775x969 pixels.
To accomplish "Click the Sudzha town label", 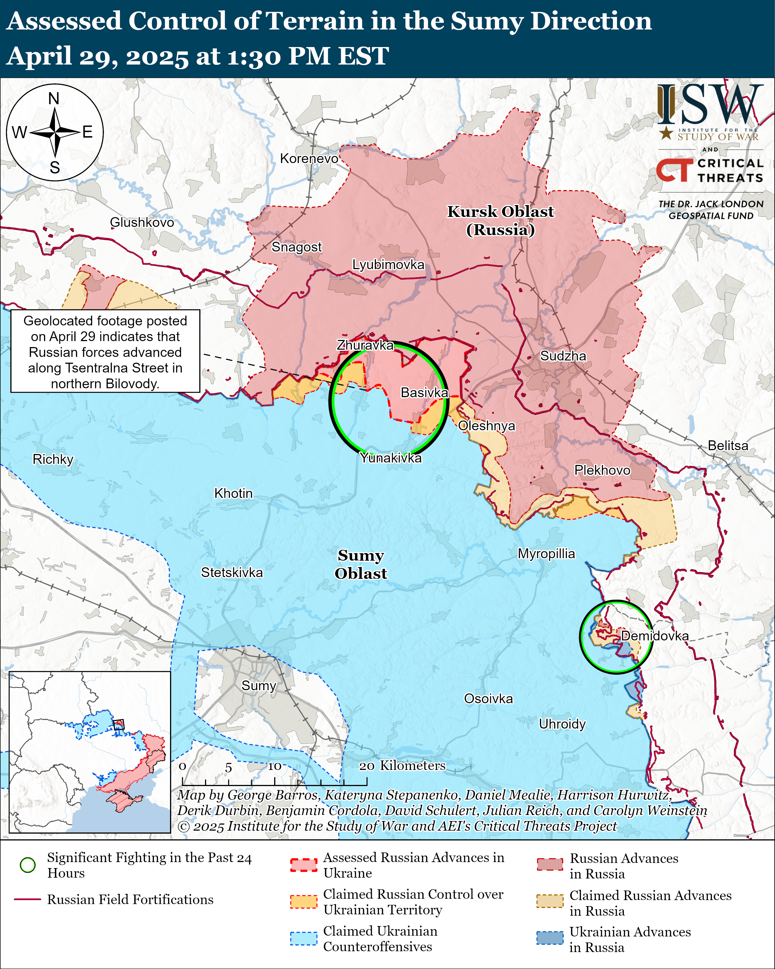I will [563, 356].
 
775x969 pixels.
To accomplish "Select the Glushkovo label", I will [142, 222].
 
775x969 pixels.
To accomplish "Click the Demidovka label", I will [655, 636].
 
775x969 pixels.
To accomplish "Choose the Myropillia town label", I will [546, 554].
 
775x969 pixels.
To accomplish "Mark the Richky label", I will [53, 459].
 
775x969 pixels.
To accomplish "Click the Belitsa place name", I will [728, 446].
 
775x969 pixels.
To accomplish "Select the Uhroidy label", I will [562, 724].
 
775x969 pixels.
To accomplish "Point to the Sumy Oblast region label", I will [361, 564].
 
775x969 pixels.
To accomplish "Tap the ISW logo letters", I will [710, 106].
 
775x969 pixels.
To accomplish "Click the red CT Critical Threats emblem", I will [674, 171].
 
